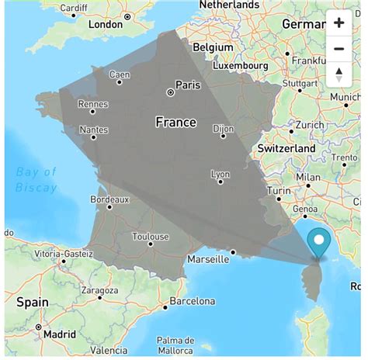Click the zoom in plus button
click(x=339, y=22)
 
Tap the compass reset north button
click(x=339, y=74)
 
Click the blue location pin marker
click(x=318, y=243)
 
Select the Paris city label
click(x=188, y=85)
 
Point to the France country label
click(x=175, y=123)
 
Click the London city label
click(x=106, y=24)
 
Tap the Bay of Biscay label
click(x=36, y=179)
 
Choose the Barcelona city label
click(x=192, y=301)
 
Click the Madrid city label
click(x=60, y=334)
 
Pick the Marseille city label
click(x=208, y=260)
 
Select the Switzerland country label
click(x=286, y=148)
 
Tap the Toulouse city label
click(x=151, y=237)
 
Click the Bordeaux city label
click(x=109, y=199)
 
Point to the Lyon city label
click(x=220, y=175)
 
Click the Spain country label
click(x=33, y=303)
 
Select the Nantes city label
click(x=93, y=130)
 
